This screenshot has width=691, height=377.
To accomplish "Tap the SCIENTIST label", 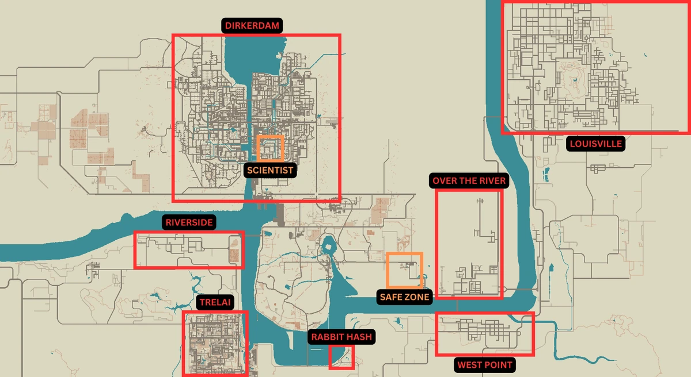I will click(x=270, y=170).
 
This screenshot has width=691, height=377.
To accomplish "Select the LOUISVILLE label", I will click(x=595, y=144).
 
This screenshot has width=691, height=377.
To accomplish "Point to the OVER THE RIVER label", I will click(x=469, y=181).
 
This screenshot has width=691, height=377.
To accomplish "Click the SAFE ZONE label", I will click(x=404, y=297).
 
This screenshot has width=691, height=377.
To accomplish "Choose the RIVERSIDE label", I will click(x=189, y=222).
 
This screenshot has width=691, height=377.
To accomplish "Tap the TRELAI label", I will click(x=215, y=302).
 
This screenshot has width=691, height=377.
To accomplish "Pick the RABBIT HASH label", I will click(x=341, y=337).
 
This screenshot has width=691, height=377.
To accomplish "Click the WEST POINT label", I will click(x=484, y=364).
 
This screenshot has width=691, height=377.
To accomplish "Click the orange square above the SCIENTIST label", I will click(x=271, y=148).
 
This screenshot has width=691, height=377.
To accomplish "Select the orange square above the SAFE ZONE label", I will click(x=404, y=270).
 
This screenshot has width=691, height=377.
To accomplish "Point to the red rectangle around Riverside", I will click(x=189, y=250).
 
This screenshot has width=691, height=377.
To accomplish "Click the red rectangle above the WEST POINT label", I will click(x=484, y=334).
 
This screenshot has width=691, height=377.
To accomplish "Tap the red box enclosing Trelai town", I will click(x=215, y=343).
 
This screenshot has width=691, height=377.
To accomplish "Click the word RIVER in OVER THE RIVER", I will click(x=490, y=181).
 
